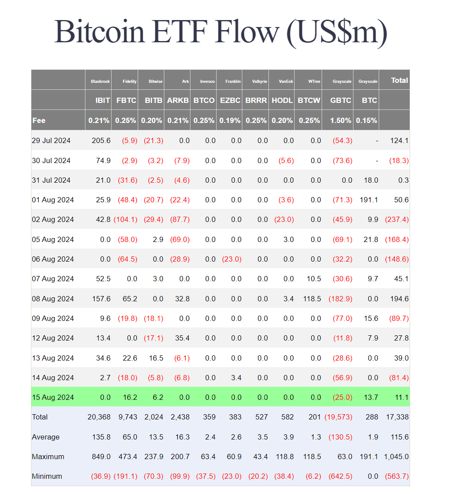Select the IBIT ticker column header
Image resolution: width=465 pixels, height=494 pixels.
102,100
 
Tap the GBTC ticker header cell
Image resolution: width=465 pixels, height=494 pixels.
340,100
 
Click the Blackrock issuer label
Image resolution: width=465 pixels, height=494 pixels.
100,82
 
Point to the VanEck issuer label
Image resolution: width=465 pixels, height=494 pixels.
286,82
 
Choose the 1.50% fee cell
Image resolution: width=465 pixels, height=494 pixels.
340,120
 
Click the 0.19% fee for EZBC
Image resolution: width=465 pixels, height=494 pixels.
230,120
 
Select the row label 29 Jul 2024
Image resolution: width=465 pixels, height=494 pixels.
51,140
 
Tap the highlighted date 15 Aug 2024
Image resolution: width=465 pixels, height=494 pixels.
53,397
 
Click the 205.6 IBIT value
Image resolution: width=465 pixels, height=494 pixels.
101,140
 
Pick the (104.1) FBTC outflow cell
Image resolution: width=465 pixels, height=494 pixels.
126,219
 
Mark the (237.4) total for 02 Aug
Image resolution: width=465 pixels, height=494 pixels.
397,219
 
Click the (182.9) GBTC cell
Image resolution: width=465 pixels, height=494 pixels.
340,299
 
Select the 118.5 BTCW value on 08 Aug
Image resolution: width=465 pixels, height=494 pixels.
312,299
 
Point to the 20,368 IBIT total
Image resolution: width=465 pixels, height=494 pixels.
99,417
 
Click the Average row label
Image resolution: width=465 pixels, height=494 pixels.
46,437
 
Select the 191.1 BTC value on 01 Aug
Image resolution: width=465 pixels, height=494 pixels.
369,200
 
